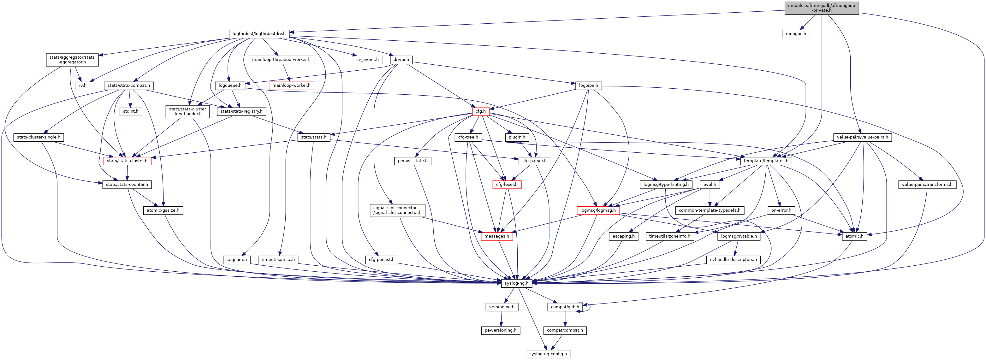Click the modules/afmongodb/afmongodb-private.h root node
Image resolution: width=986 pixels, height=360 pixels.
[x=822, y=8]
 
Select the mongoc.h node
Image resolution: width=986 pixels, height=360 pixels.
[x=796, y=34]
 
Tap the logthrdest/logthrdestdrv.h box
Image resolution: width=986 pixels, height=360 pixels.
[x=259, y=34]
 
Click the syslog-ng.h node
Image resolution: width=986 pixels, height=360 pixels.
[x=516, y=283]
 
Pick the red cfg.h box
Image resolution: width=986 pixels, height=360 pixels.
[x=480, y=111]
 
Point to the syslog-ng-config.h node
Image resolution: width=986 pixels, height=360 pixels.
[x=548, y=354]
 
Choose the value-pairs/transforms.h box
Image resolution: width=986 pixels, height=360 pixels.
[x=927, y=184]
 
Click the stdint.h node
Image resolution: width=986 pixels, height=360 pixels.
[x=131, y=111]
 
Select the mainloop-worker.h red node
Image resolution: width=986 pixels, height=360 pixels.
[x=291, y=85]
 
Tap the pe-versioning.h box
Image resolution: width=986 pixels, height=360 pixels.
[x=500, y=330]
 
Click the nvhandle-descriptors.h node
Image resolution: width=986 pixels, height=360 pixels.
[x=733, y=259]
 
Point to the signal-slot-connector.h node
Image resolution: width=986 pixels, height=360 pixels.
[x=397, y=210]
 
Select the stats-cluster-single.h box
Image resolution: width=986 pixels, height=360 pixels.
[x=38, y=137]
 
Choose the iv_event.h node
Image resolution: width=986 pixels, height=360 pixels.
[x=367, y=59]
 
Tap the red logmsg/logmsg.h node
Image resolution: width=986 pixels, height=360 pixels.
[x=598, y=210]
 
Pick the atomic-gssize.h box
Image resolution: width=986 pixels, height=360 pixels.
[x=163, y=210]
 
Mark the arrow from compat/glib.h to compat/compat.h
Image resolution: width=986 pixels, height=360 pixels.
[x=565, y=319]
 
